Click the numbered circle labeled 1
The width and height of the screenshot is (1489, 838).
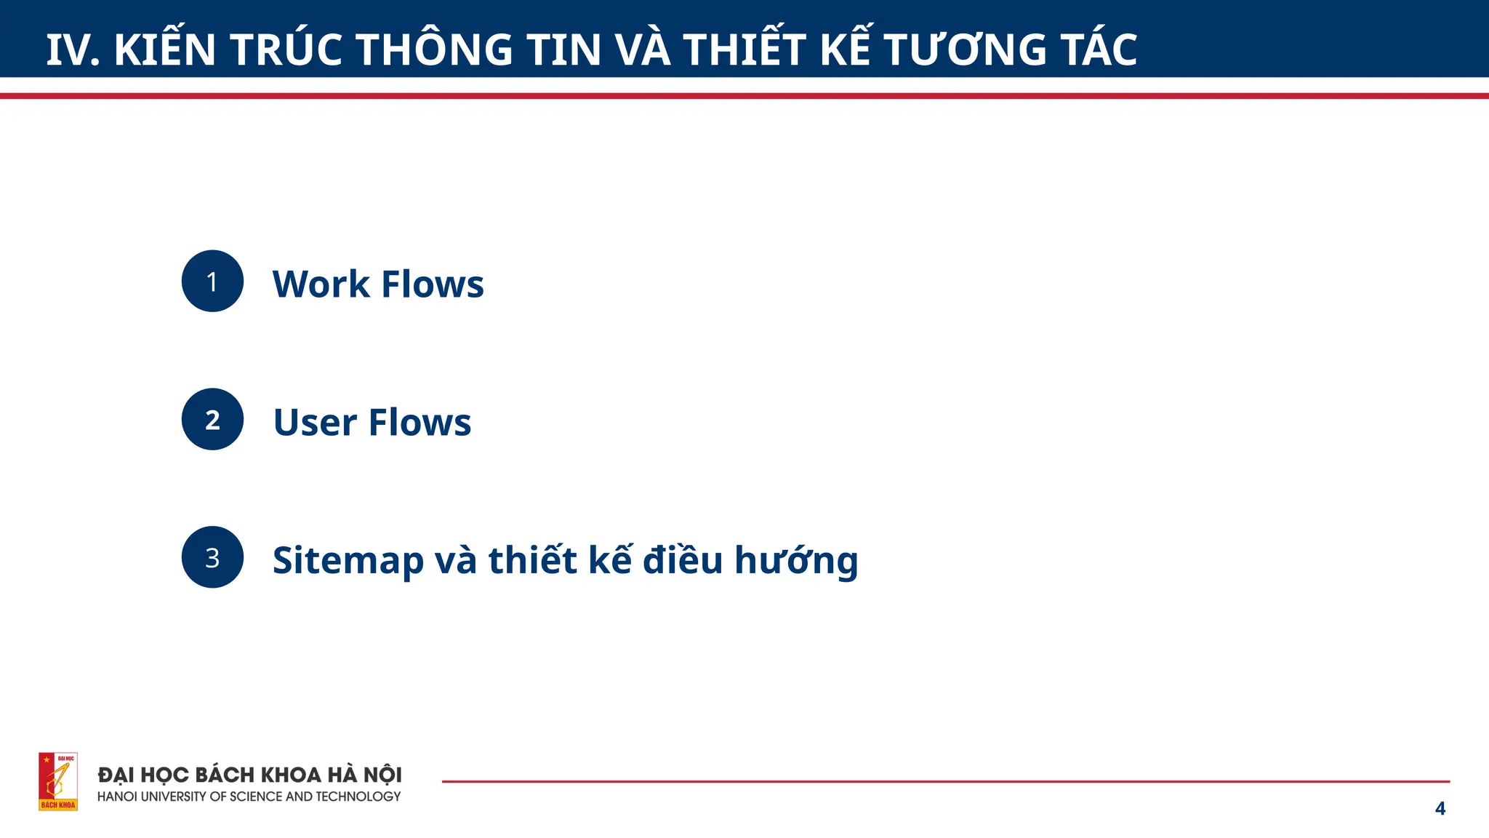(x=212, y=282)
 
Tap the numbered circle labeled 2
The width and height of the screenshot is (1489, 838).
(x=212, y=420)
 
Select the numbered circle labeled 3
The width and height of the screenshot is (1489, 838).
(x=212, y=558)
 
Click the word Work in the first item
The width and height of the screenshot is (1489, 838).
(x=321, y=284)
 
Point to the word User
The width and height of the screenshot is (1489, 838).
(x=315, y=422)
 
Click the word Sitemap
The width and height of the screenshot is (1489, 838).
(x=348, y=561)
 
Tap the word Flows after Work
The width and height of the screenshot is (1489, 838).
(x=433, y=284)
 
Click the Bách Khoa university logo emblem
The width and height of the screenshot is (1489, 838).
(x=58, y=781)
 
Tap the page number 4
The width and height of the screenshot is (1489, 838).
(x=1440, y=808)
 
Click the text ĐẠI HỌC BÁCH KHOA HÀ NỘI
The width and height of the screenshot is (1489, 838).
(x=250, y=775)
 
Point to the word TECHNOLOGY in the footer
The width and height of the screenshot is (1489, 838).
(x=358, y=797)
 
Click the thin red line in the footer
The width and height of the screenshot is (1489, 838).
(x=945, y=781)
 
